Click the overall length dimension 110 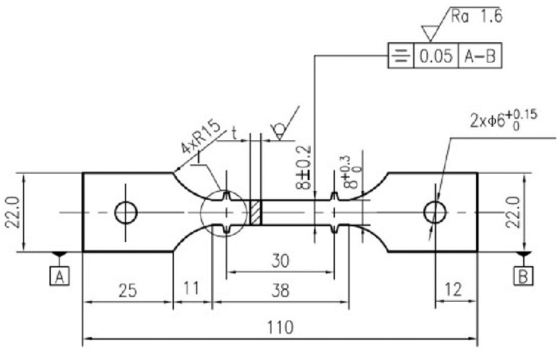pos(280,327)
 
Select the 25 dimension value pos(128,290)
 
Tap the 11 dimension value pos(191,288)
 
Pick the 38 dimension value pos(281,290)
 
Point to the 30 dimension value pos(281,260)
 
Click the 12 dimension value pos(454,290)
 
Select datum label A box pos(60,276)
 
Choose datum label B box pos(523,276)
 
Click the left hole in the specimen pos(126,213)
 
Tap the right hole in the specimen pos(435,213)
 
